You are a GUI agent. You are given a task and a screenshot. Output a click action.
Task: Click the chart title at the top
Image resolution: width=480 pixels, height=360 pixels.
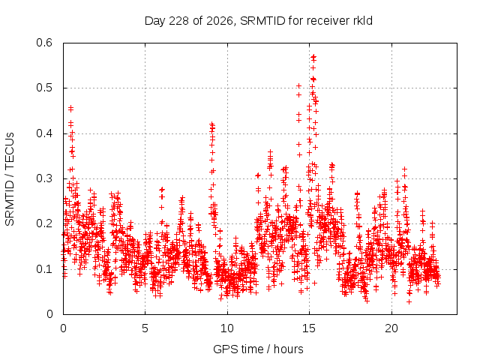tap(258, 21)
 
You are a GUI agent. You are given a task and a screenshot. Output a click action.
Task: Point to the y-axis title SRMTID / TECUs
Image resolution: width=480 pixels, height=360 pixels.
tap(10, 179)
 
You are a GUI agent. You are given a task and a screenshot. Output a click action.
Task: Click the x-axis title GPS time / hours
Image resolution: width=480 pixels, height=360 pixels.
tap(258, 349)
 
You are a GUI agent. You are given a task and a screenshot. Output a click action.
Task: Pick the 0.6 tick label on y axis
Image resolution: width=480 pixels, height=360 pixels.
tap(44, 43)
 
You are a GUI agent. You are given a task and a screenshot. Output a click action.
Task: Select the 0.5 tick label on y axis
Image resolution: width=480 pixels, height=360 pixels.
tap(44, 88)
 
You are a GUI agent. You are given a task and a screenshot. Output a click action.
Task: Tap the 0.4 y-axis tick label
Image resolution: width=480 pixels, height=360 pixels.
tap(44, 133)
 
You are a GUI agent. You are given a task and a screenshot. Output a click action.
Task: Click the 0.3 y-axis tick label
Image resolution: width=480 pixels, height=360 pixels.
tap(44, 178)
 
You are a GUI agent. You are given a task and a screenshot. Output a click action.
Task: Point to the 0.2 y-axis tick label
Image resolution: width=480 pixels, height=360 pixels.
tap(44, 223)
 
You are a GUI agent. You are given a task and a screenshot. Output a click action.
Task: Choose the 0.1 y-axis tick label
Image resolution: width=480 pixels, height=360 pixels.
tap(44, 269)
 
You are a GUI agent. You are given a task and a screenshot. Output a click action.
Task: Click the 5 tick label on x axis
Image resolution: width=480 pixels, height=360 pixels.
tap(145, 328)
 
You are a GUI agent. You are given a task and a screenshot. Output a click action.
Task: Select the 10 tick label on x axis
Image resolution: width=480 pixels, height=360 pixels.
tap(227, 328)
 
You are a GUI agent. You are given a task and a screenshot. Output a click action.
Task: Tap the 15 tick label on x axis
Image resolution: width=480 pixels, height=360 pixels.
tap(309, 328)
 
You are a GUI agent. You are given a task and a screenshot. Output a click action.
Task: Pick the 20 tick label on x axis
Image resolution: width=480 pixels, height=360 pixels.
tap(391, 328)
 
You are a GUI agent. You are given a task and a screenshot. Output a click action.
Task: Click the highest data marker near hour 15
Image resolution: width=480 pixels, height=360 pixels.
tap(313, 57)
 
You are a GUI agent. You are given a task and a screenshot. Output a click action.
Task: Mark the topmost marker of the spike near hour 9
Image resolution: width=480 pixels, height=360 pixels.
tap(211, 124)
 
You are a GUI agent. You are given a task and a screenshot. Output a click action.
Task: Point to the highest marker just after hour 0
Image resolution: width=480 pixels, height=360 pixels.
tap(70, 108)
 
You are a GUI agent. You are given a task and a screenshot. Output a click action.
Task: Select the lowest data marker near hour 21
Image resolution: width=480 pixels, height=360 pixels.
tap(409, 301)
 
